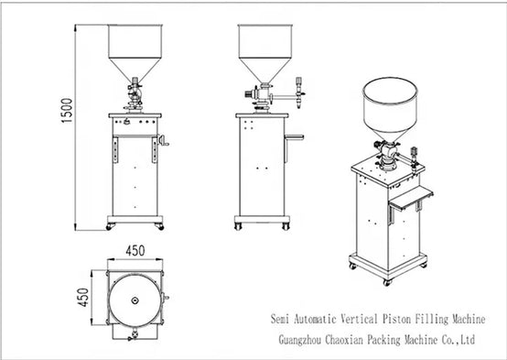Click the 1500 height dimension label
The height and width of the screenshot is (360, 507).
(x=67, y=111)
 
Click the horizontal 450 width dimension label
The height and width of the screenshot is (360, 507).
(x=135, y=251)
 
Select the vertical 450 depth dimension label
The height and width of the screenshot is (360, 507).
(x=83, y=297)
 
